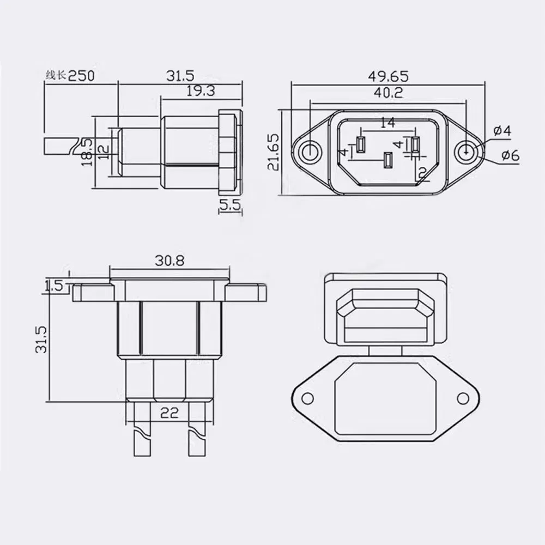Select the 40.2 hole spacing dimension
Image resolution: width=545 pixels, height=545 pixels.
pos(387,93)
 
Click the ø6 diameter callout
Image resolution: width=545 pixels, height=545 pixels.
pos(509,156)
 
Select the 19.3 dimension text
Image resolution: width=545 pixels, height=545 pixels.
pos(201,91)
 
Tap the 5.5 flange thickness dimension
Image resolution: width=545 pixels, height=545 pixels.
pos(229,205)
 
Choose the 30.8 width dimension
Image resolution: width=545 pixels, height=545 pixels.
pos(169,261)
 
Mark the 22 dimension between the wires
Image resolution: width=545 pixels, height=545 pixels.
pos(170,414)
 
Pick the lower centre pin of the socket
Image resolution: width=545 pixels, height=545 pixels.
pos(387,161)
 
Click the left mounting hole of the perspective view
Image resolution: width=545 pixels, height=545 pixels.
pos(308,398)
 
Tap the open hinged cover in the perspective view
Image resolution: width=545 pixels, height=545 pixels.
pos(385,308)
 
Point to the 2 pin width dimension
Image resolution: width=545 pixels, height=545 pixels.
pos(422,173)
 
